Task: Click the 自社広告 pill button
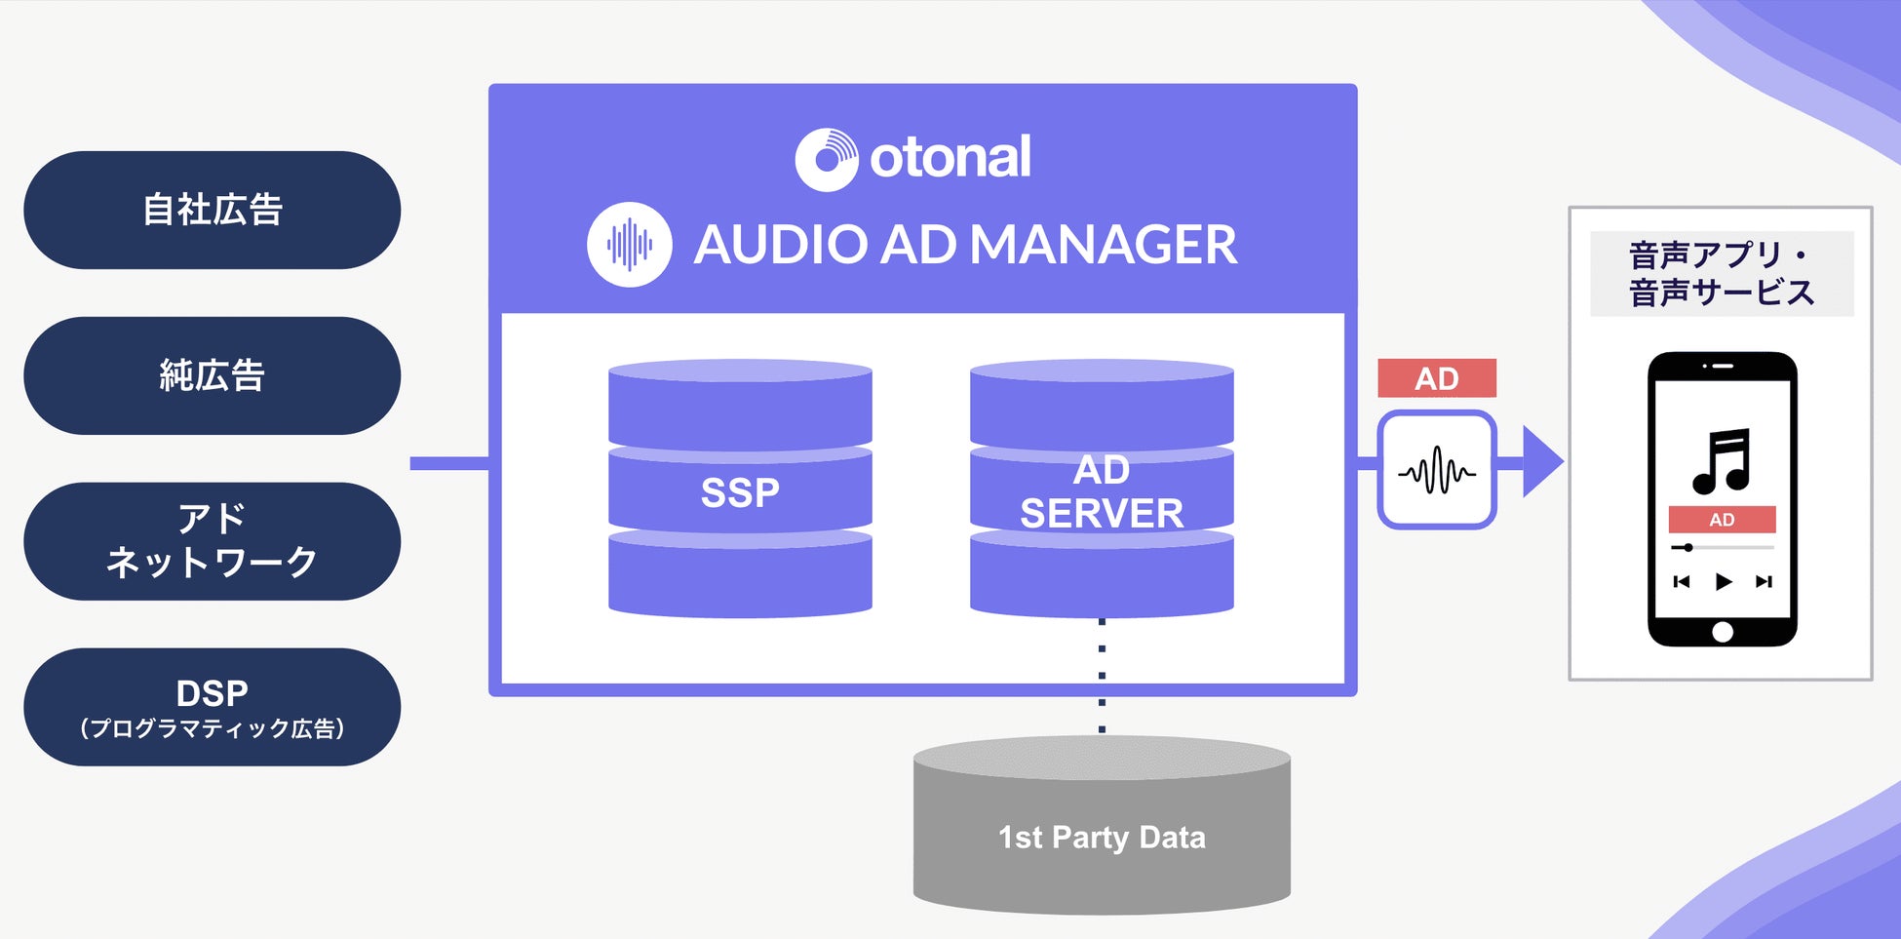(212, 210)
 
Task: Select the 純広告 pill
(212, 375)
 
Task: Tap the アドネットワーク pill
(212, 541)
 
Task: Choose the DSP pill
(212, 707)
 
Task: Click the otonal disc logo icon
(826, 159)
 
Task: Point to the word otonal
(950, 157)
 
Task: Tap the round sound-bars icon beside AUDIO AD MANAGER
(629, 244)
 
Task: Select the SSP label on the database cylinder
(740, 492)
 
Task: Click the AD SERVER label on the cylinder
(1102, 491)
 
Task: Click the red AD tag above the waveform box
(1436, 378)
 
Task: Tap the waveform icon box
(1436, 471)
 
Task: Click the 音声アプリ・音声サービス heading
(1721, 274)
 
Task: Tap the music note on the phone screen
(1722, 461)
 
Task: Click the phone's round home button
(1723, 632)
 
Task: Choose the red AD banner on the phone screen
(1722, 520)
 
